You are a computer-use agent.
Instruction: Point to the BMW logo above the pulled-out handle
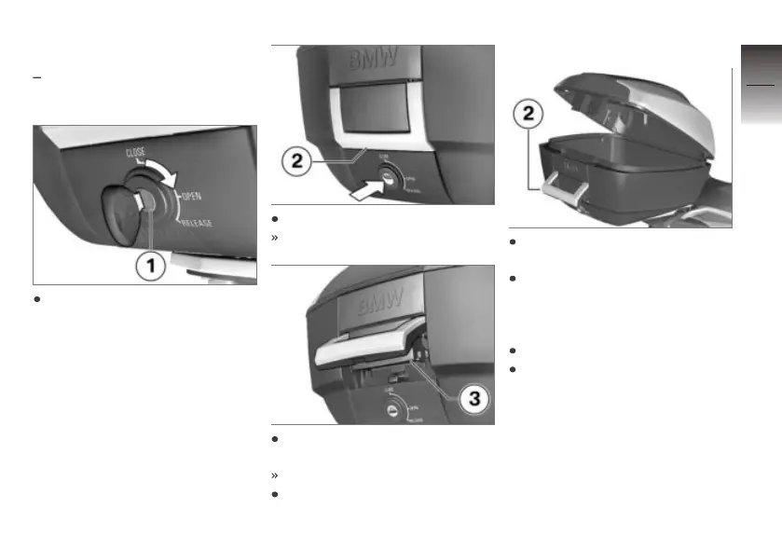click(x=379, y=301)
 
